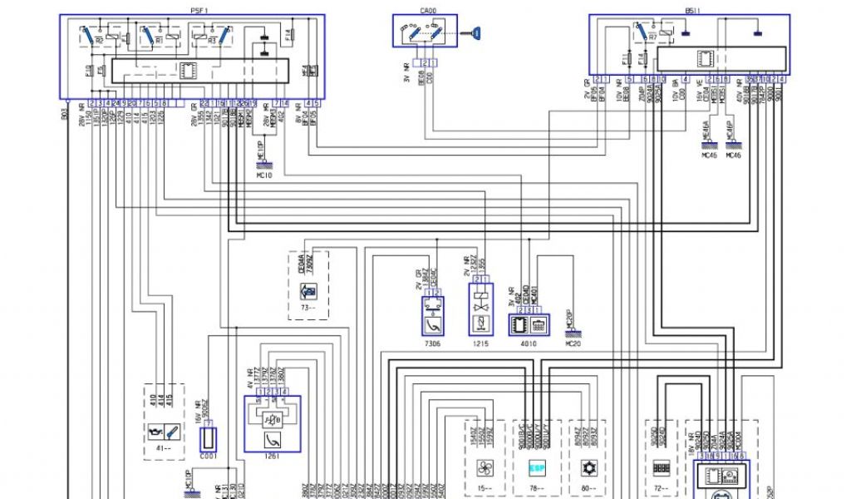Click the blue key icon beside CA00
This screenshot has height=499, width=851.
coord(476,32)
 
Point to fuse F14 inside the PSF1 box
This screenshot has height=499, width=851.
coord(288,36)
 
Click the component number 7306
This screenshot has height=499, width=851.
coord(432,343)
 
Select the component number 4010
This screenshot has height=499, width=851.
coord(528,343)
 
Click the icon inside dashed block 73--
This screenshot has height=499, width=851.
coord(307,292)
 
